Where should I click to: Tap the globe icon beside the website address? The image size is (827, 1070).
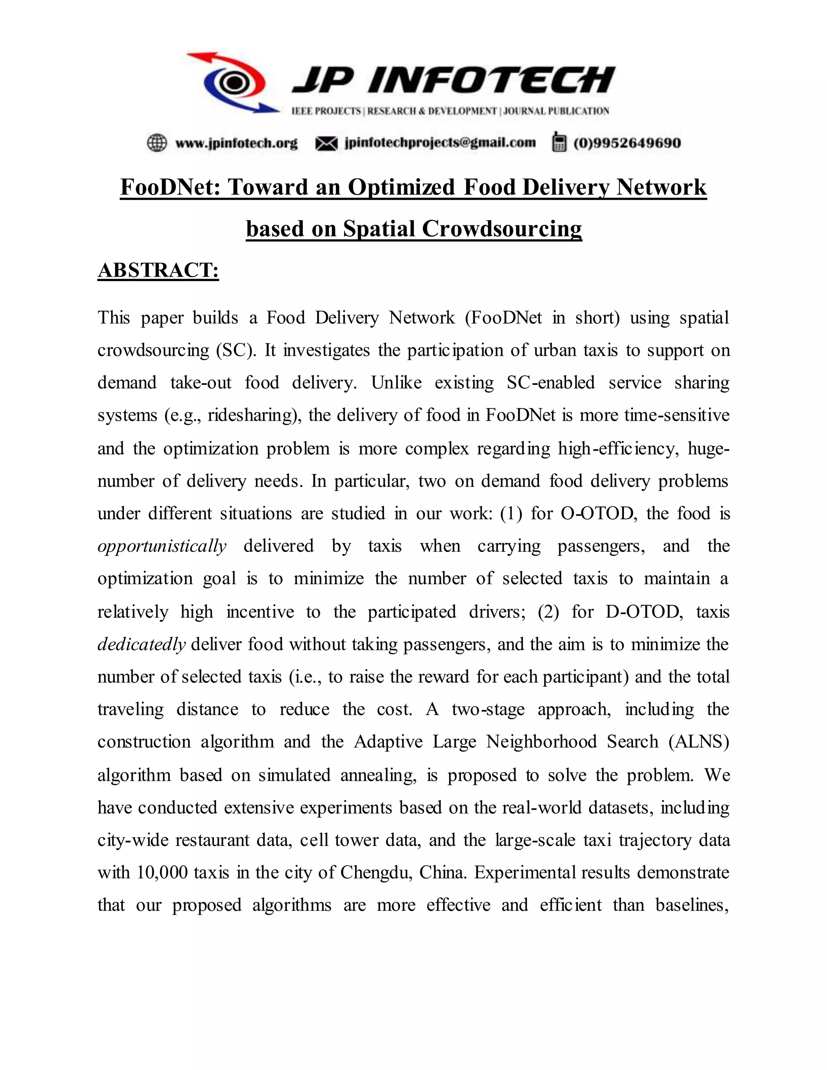click(x=157, y=143)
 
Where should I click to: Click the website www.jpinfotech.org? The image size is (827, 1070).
click(x=236, y=143)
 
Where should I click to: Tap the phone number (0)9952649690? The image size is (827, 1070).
click(x=627, y=143)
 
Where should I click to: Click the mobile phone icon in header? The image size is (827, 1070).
click(x=558, y=142)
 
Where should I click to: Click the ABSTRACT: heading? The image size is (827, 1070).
click(x=158, y=271)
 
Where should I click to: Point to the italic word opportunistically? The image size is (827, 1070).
click(x=162, y=546)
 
